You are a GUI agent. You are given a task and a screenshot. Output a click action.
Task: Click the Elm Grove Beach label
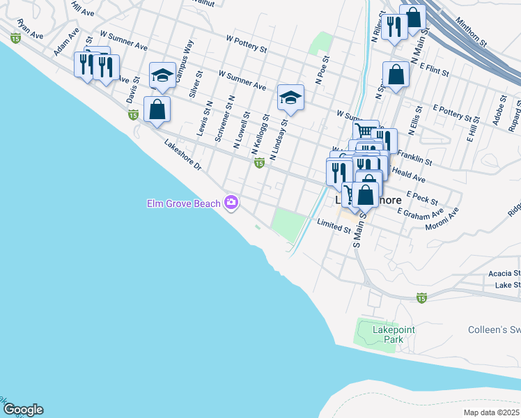[x=184, y=203]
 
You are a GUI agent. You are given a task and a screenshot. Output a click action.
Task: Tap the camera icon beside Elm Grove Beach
[x=231, y=203]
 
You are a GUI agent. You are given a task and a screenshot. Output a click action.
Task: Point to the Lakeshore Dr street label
[x=182, y=157]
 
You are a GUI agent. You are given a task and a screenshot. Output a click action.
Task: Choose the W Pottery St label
[x=247, y=44]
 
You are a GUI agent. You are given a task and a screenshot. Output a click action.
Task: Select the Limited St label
[x=333, y=225]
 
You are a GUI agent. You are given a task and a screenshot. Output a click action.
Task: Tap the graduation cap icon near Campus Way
[x=162, y=75]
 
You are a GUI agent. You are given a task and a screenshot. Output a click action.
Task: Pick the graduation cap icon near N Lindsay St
[x=290, y=97]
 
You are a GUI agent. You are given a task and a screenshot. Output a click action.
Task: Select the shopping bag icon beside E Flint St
[x=396, y=75]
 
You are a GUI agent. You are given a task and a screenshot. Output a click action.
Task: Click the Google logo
[x=23, y=410]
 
